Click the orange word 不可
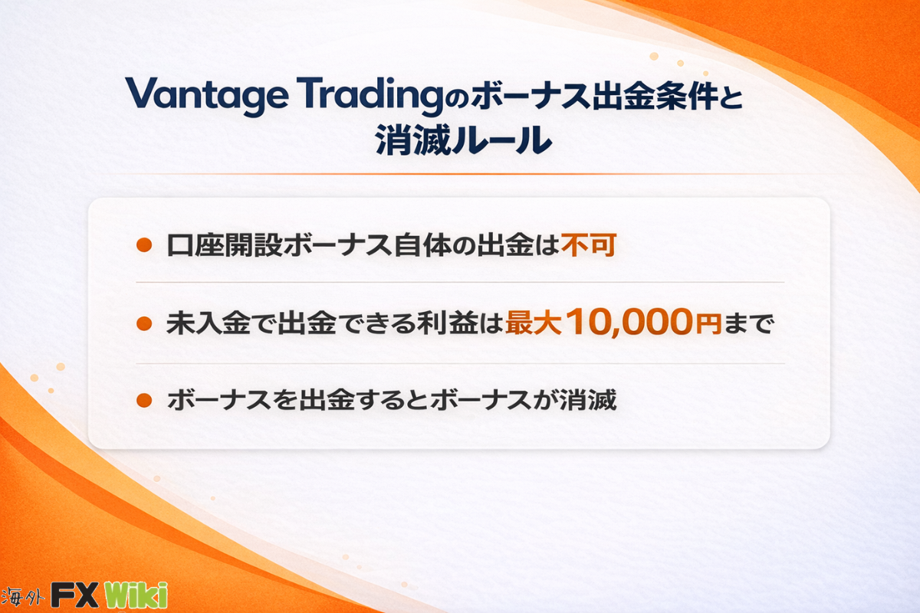(589, 245)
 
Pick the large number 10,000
(629, 322)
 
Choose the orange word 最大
(533, 323)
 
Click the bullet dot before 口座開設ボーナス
(144, 245)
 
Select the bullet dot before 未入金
(144, 323)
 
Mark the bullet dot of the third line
(144, 400)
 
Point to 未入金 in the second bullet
(209, 323)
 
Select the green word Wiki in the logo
(136, 594)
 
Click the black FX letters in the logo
(75, 595)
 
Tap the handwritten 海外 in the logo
(21, 596)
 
